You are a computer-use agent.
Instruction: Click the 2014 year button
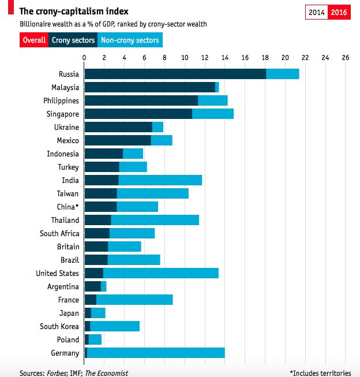[316, 12]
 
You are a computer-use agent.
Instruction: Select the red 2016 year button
[339, 12]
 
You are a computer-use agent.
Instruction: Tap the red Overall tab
[33, 40]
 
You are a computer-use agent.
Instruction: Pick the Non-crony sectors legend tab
[130, 40]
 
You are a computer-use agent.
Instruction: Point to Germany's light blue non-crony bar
[156, 353]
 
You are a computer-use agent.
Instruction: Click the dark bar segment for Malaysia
[149, 87]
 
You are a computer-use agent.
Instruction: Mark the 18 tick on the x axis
[265, 58]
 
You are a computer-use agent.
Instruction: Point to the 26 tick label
[345, 58]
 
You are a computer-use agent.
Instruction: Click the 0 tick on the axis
[84, 58]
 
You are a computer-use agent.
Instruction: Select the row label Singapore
[62, 114]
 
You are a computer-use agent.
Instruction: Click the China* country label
[67, 207]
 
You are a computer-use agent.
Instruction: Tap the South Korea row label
[59, 326]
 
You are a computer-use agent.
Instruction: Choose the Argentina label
[63, 286]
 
